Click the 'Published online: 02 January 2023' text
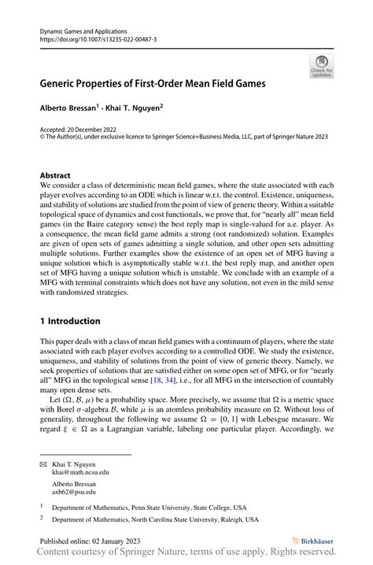[x=90, y=541]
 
